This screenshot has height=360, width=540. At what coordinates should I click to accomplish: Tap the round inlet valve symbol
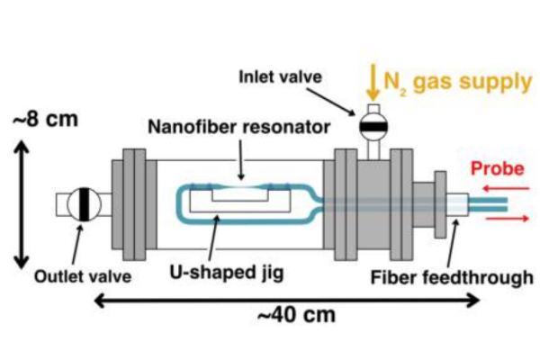[x=370, y=124]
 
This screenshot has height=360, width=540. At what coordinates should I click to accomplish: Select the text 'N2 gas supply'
[x=458, y=83]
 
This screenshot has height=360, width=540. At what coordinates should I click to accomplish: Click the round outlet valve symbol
[x=82, y=204]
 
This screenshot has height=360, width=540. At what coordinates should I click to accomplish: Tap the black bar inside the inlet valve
[x=370, y=126]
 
